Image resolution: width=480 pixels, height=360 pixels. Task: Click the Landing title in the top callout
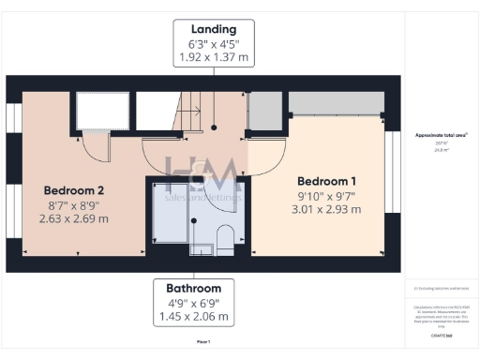point(214,28)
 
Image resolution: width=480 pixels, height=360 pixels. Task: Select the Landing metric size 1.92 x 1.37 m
point(214,57)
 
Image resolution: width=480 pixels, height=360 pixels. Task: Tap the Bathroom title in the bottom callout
point(194,288)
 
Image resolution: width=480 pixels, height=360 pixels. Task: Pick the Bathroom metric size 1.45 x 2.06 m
point(194,318)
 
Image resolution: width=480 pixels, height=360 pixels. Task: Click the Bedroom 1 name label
point(327,181)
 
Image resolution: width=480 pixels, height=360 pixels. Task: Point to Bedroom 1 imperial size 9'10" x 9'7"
point(327,197)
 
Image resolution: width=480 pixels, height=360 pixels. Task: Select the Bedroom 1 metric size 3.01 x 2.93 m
point(327,212)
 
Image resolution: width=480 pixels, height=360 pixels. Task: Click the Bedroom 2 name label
point(73,188)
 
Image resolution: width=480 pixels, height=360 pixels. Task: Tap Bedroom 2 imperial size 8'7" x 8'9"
point(73,204)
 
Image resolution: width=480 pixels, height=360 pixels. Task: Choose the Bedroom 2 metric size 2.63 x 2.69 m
point(73,219)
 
